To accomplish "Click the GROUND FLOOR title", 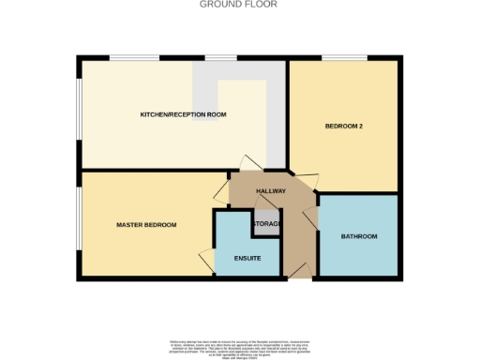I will [x=239, y=5].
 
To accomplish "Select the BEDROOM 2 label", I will [x=344, y=126].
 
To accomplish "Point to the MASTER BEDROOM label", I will [x=146, y=225].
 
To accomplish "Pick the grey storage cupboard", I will [x=265, y=225].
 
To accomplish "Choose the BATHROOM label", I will [x=359, y=236].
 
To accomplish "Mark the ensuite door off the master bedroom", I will [x=206, y=259].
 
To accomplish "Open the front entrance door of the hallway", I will [x=299, y=272].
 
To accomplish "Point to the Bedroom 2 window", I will [x=337, y=59].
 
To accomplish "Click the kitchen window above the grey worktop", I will [x=220, y=59].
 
